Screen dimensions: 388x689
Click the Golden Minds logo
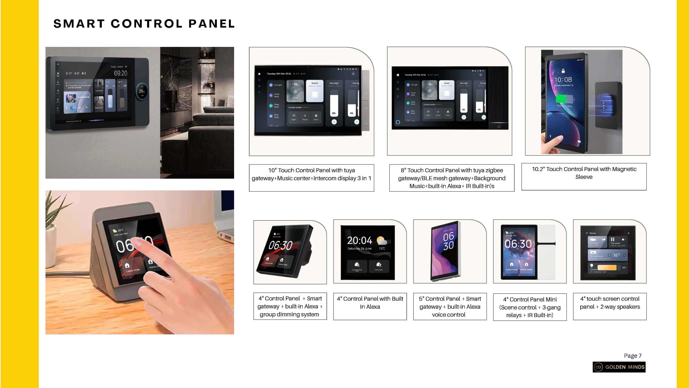pyautogui.click(x=619, y=367)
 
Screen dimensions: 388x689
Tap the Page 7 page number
pyautogui.click(x=632, y=356)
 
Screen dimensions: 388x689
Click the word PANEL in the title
pyautogui.click(x=211, y=24)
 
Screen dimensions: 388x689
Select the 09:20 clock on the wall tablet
pyautogui.click(x=121, y=73)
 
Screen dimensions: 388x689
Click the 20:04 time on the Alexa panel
pyautogui.click(x=359, y=240)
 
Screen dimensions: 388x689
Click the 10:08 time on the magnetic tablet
pyautogui.click(x=563, y=79)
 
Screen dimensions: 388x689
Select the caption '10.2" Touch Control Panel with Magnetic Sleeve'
pyautogui.click(x=584, y=173)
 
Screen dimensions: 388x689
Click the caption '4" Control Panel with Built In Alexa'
pyautogui.click(x=370, y=303)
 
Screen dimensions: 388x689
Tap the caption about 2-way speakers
pyautogui.click(x=610, y=303)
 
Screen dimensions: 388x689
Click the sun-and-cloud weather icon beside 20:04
pyautogui.click(x=382, y=240)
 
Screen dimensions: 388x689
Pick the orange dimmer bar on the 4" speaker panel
pyautogui.click(x=607, y=267)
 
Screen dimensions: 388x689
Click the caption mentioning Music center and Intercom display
pyautogui.click(x=311, y=174)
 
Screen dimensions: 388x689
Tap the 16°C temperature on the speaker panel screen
pyautogui.click(x=616, y=255)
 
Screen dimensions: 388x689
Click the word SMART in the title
pyautogui.click(x=79, y=24)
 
